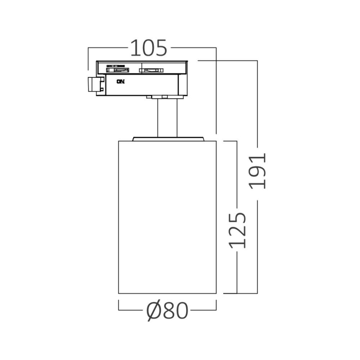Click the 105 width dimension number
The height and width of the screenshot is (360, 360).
pos(149,48)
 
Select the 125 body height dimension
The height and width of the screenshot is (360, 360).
pos(237,229)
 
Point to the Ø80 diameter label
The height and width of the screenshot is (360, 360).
pos(167,311)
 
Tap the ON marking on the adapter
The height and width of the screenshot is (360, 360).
pos(121,81)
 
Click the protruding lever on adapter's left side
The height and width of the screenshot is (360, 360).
pos(94,85)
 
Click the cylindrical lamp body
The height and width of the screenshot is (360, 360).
pos(167,216)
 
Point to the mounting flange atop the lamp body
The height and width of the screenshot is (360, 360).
pos(168,138)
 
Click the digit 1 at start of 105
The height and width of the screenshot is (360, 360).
pos(134,48)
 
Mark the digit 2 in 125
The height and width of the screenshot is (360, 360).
pos(237,229)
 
